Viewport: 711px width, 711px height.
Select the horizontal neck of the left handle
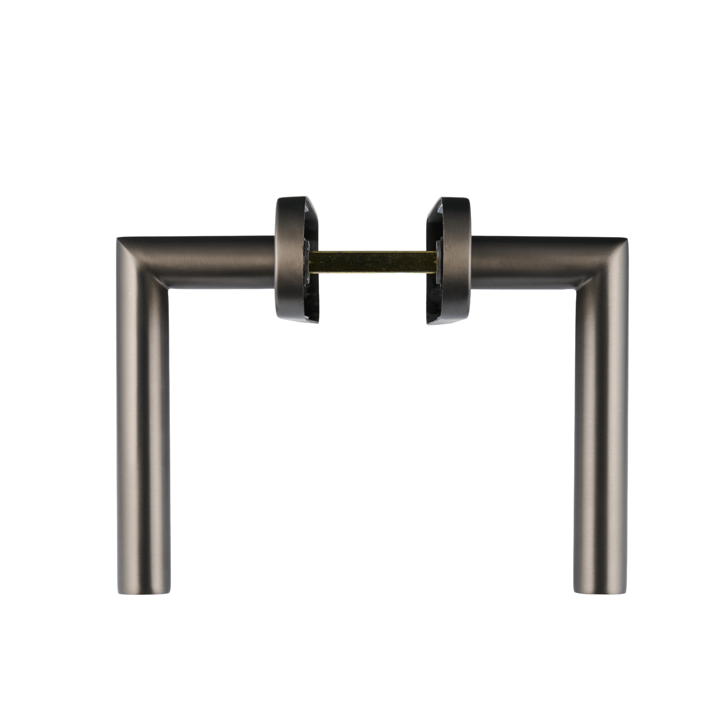221,262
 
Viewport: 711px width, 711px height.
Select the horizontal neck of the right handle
522,262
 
